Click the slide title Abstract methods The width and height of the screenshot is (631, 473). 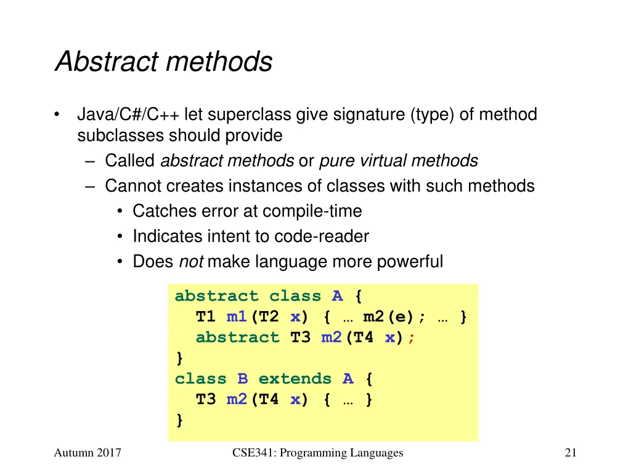point(163,62)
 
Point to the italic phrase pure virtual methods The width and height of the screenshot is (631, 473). point(399,161)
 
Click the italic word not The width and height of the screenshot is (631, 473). point(190,262)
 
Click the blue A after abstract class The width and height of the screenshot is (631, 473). point(337,296)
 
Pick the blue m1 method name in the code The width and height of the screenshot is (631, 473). point(237,317)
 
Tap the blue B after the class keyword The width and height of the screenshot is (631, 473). point(242,379)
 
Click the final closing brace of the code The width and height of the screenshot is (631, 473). point(179,420)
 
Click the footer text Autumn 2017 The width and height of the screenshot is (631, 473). point(87,453)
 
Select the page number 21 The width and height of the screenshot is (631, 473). point(570,453)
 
